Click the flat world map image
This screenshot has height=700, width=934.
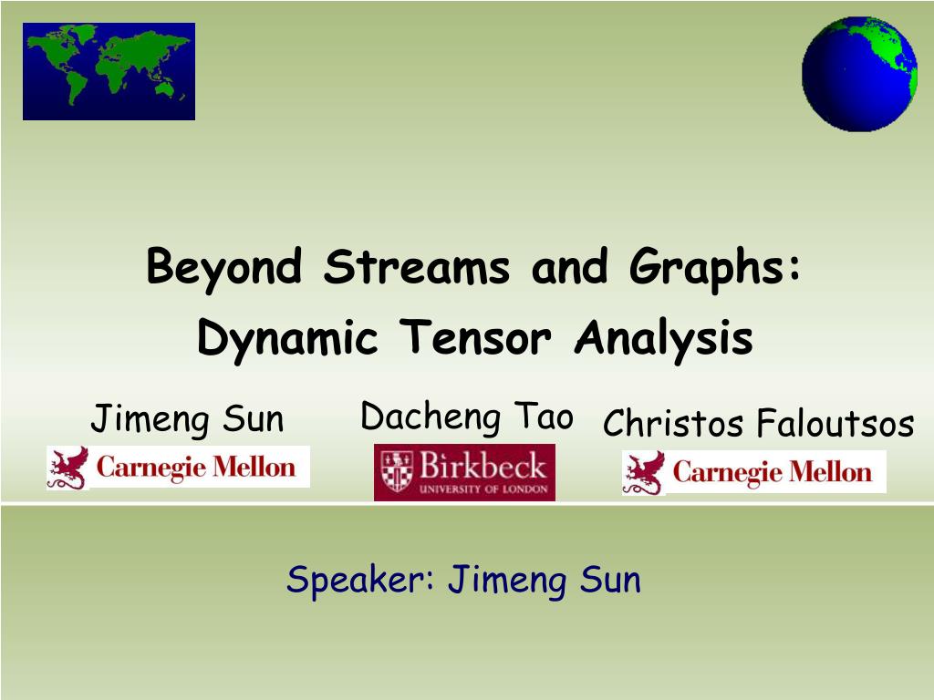(x=109, y=71)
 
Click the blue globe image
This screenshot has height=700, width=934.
(x=859, y=74)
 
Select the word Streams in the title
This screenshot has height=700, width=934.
(x=416, y=267)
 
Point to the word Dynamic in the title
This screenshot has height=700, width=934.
(x=287, y=339)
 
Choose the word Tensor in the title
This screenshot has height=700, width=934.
(x=475, y=337)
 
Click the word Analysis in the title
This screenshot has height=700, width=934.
(x=664, y=339)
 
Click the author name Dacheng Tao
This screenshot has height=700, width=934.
(x=466, y=416)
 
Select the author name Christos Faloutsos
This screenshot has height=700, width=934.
(x=758, y=423)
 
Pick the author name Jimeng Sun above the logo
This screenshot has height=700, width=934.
(x=187, y=418)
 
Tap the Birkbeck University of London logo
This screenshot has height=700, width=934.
(x=464, y=472)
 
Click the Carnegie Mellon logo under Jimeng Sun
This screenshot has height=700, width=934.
(x=178, y=468)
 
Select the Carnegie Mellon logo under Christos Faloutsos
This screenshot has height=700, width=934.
(x=754, y=472)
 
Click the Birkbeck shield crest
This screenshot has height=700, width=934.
(x=397, y=470)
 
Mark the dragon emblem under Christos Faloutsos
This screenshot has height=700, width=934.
(x=644, y=473)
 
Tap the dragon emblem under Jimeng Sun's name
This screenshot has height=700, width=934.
(x=67, y=468)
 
